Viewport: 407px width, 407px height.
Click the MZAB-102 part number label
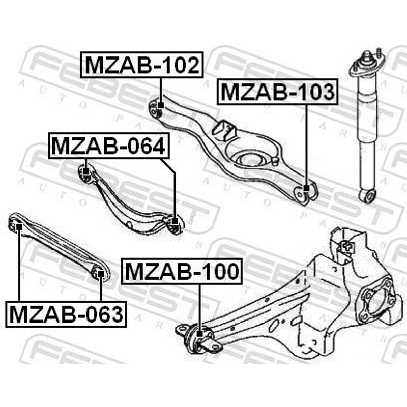(142, 65)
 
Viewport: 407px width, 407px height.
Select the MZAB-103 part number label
(277, 92)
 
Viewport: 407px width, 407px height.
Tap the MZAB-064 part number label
(109, 146)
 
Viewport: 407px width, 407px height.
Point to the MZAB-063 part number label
(66, 314)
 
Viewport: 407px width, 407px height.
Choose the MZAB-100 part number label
(182, 271)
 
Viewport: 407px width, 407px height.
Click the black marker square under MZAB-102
(161, 105)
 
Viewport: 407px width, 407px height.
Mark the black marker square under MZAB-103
(306, 188)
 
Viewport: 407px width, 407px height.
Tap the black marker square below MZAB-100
(199, 334)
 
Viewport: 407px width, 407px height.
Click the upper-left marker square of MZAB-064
(86, 171)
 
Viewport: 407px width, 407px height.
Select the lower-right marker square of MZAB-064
(175, 221)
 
